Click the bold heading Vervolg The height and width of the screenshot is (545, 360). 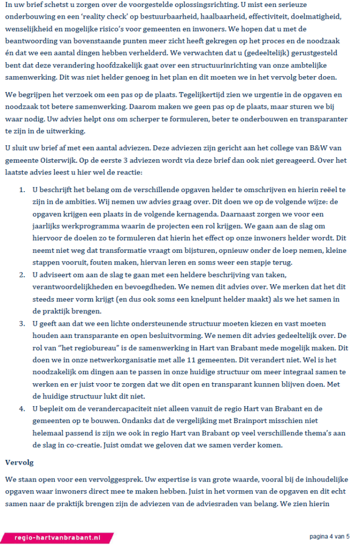point(19,462)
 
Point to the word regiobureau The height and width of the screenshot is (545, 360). point(88,346)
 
